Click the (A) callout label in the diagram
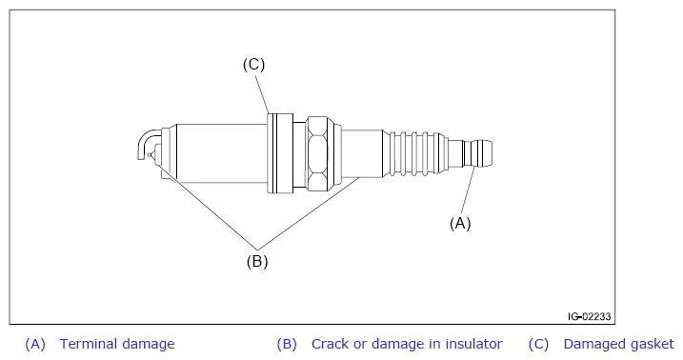tap(460, 223)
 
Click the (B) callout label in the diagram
tap(257, 261)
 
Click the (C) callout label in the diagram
tap(253, 65)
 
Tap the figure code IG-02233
tap(589, 316)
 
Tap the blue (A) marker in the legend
tap(35, 344)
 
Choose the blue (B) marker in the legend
tap(287, 344)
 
